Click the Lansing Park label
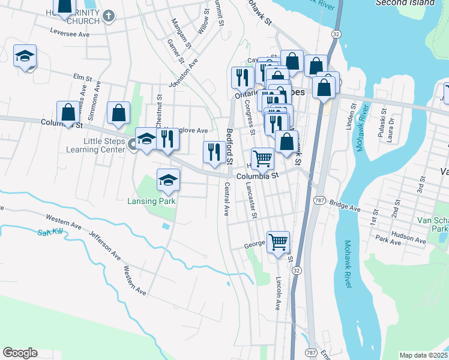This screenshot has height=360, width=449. [151, 202]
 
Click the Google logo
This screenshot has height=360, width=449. [20, 353]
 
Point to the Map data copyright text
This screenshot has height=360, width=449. [423, 355]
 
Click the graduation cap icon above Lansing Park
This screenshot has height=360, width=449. [169, 179]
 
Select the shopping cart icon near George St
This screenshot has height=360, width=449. [278, 242]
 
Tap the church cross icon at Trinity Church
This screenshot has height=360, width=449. [108, 16]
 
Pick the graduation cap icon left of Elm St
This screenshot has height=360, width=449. [25, 56]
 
